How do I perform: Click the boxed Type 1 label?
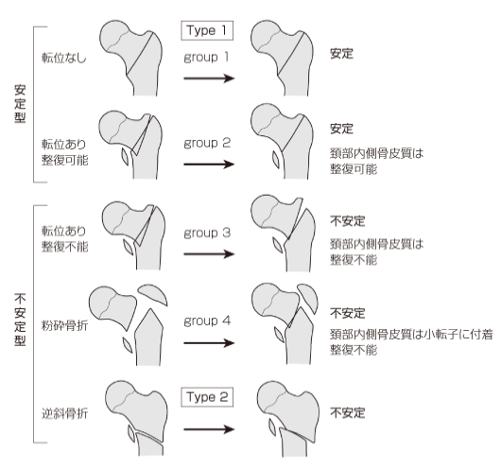(207, 30)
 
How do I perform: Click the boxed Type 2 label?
(207, 397)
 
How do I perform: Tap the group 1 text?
(206, 58)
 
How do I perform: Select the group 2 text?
(207, 144)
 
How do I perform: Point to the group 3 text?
(207, 234)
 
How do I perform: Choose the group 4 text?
(207, 321)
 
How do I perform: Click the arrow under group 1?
(209, 78)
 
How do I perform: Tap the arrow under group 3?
(209, 254)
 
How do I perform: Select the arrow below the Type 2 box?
(209, 429)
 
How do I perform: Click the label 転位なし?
(64, 58)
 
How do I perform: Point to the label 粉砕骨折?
(64, 326)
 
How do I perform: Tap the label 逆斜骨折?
(64, 414)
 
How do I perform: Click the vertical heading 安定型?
(20, 104)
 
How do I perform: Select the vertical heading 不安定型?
(20, 320)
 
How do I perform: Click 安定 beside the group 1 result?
(341, 54)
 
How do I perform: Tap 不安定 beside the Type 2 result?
(347, 413)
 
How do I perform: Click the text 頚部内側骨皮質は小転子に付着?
(411, 335)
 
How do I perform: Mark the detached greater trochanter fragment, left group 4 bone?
(153, 294)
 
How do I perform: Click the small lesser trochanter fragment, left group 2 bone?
(125, 157)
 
